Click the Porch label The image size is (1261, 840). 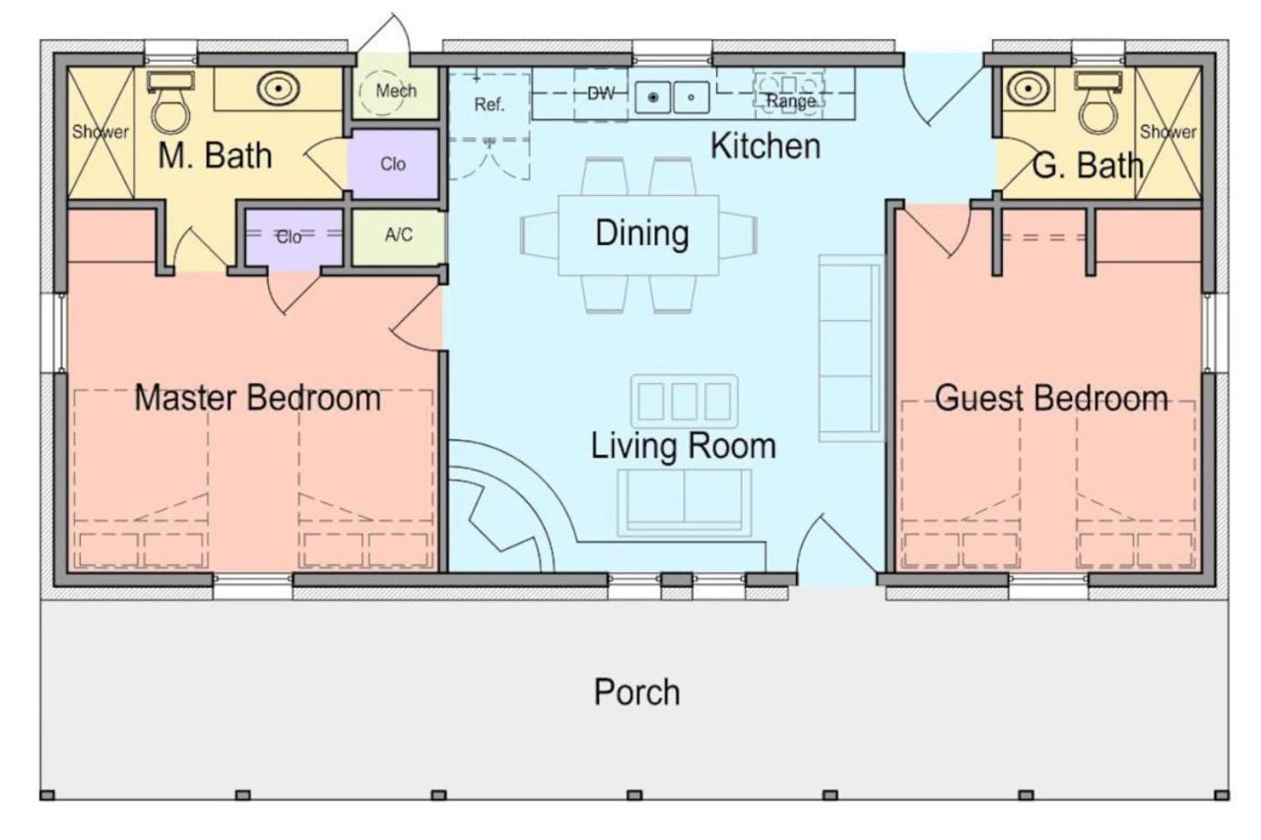[636, 692]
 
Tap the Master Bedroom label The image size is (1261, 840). [258, 398]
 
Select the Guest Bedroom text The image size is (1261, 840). [1051, 398]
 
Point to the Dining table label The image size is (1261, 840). [641, 233]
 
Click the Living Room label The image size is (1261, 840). [684, 445]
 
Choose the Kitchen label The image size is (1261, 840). [765, 146]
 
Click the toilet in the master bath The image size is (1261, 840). [170, 102]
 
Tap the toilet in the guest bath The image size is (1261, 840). [1097, 102]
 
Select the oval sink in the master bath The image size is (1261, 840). [278, 89]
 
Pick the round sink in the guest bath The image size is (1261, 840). [1028, 89]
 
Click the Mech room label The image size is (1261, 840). [396, 91]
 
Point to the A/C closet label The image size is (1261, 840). [399, 234]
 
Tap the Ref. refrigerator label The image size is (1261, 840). [490, 104]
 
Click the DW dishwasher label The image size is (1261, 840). [601, 94]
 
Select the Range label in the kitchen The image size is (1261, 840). [791, 101]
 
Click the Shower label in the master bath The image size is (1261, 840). [100, 132]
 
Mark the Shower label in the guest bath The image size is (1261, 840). [1168, 132]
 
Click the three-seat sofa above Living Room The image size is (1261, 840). [684, 401]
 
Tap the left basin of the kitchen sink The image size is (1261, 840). [653, 97]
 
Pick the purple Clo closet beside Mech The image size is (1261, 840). [392, 163]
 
